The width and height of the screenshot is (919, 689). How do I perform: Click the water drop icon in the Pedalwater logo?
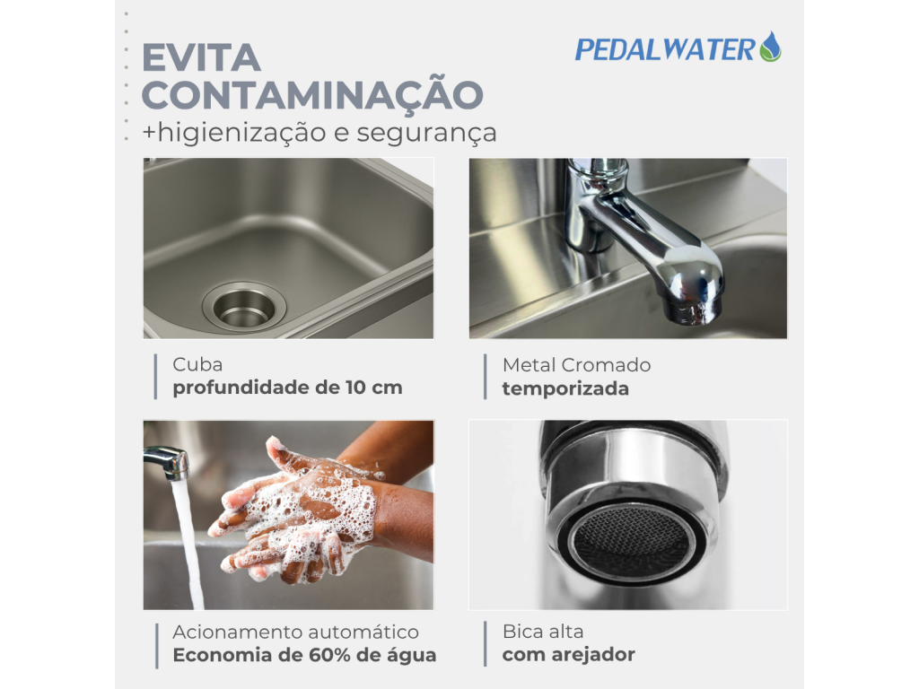point(770,47)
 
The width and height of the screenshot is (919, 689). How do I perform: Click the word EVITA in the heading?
point(201,58)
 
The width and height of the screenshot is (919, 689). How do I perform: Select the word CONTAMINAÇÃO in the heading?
point(312,93)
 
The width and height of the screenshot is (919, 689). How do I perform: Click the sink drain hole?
point(244,307)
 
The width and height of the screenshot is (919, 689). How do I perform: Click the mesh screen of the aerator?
point(632,539)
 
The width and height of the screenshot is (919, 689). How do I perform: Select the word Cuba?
point(197,364)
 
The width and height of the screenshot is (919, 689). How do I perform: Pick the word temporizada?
point(565,388)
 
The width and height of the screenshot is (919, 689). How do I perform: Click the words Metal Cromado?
point(577,365)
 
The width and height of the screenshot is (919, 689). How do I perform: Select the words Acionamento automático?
point(295,632)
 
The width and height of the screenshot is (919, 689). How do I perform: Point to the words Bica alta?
point(543,632)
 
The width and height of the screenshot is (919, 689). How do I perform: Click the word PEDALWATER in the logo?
point(665,49)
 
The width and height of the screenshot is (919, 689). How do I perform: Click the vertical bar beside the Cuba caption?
point(155,377)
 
